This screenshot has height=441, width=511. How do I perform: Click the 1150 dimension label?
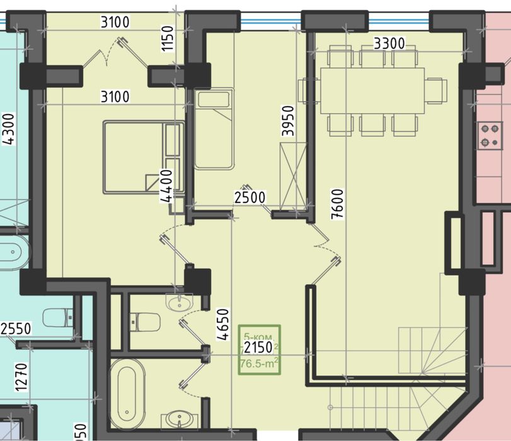tap(168, 40)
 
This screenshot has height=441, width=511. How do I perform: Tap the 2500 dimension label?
tap(250, 197)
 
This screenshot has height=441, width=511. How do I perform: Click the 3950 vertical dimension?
tap(288, 122)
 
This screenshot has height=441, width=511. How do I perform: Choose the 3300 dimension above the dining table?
tap(389, 44)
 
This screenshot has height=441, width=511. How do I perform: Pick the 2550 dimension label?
tap(16, 328)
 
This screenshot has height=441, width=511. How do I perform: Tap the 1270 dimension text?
tap(24, 375)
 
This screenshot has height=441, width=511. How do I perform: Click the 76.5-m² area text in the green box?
tap(259, 363)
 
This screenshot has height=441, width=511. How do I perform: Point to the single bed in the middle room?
tap(214, 130)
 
